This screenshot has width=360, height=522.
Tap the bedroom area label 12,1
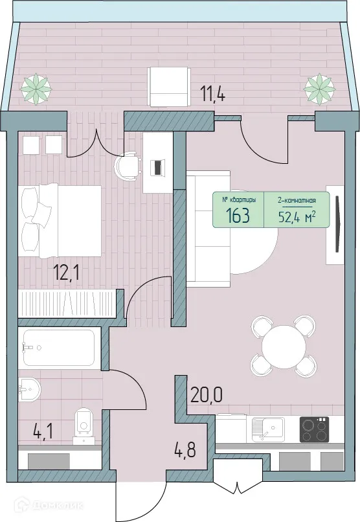point(67,270)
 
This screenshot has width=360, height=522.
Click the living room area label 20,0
point(207,393)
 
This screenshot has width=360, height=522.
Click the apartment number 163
point(238,216)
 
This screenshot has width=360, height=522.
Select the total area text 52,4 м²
point(297,216)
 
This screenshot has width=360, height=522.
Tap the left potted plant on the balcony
point(36,87)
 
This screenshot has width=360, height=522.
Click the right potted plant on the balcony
point(319,87)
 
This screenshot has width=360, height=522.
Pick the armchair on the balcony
point(169,87)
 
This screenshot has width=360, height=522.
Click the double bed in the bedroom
point(61,221)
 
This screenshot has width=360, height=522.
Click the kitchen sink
point(266,428)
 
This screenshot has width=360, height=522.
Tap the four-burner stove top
point(315,428)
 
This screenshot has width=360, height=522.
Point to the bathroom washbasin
point(29,390)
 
